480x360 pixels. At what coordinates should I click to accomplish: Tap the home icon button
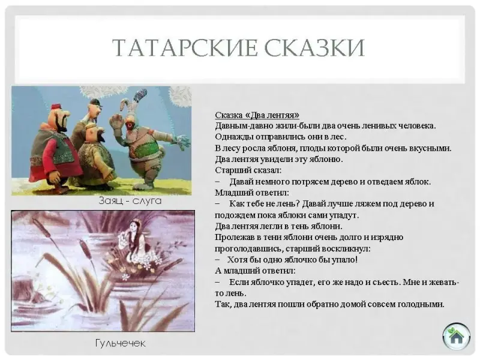point(456,337)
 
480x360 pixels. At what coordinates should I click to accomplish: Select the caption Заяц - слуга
point(130,201)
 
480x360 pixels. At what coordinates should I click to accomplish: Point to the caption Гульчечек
point(121,343)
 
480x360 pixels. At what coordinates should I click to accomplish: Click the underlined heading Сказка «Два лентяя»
point(257,115)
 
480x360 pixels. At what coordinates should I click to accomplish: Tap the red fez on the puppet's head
point(56,107)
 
